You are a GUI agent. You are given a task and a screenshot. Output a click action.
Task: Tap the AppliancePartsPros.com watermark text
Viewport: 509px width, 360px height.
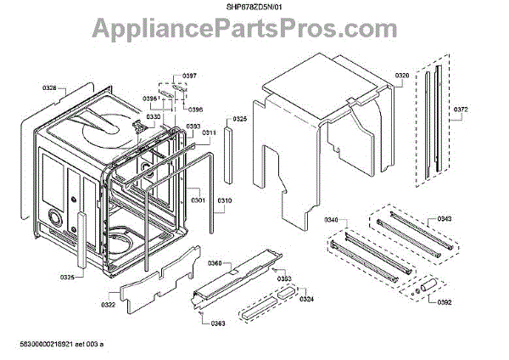(x=255, y=31)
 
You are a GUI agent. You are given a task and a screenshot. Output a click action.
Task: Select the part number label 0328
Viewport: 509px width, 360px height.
(x=49, y=87)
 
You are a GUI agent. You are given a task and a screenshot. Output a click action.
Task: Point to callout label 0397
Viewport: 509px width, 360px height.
(x=189, y=76)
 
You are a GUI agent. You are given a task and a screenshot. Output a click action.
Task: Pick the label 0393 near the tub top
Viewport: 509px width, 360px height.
(x=193, y=127)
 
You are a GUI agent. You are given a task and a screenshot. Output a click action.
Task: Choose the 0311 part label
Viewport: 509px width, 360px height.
(x=209, y=133)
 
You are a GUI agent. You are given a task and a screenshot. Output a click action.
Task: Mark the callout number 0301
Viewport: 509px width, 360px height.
(x=198, y=200)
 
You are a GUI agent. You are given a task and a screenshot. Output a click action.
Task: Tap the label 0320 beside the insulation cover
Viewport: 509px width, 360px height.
(x=402, y=76)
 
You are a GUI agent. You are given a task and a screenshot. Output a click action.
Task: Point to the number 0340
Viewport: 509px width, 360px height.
(x=331, y=221)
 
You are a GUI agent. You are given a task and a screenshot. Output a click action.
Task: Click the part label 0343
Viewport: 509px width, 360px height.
(x=445, y=220)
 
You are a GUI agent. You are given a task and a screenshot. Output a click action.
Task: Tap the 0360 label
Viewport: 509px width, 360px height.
(x=215, y=264)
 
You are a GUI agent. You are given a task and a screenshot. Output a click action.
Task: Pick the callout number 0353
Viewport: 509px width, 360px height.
(x=285, y=278)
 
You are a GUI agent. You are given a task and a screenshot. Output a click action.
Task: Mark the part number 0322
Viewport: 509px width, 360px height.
(x=109, y=305)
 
